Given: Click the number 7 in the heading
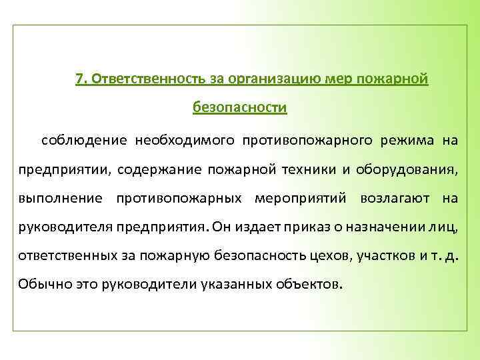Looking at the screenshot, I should [x=80, y=79].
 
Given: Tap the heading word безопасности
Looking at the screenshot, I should [x=240, y=107].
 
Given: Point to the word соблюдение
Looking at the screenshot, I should [x=85, y=140].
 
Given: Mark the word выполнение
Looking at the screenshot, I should [x=61, y=197].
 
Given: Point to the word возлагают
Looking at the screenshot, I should [x=397, y=197].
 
